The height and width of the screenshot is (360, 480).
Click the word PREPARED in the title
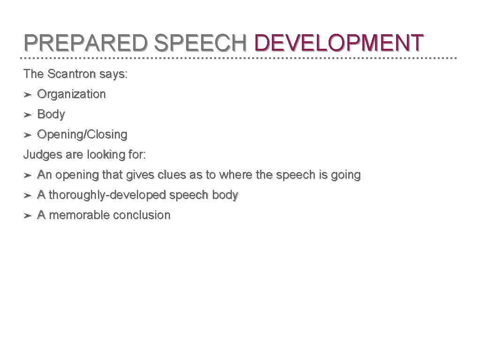(x=86, y=43)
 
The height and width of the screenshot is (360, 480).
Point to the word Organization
(x=71, y=94)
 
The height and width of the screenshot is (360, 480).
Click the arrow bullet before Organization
(x=28, y=95)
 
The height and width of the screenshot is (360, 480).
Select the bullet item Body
(x=51, y=114)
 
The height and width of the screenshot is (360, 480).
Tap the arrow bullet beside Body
(x=28, y=115)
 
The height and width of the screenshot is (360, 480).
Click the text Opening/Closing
(x=82, y=135)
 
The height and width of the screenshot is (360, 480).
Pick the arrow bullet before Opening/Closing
(x=28, y=135)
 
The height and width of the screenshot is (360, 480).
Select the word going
(x=346, y=176)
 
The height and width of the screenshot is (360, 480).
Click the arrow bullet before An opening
(x=28, y=176)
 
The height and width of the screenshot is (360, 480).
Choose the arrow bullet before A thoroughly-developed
(x=28, y=196)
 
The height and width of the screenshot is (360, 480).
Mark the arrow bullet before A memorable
(x=28, y=216)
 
